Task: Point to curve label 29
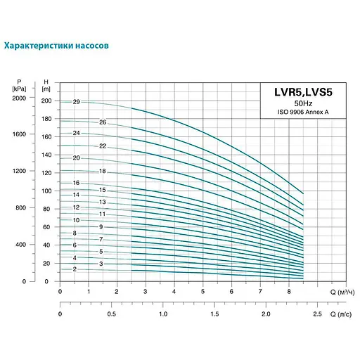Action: click(x=76, y=102)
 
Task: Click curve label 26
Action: click(x=103, y=122)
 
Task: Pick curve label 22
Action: click(x=103, y=146)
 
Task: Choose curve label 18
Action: click(x=103, y=172)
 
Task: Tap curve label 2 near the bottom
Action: click(x=74, y=269)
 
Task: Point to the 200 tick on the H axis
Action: click(x=46, y=101)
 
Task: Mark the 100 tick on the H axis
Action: click(x=46, y=191)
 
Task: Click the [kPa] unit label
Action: click(x=19, y=88)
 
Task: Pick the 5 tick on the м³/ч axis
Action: click(x=202, y=291)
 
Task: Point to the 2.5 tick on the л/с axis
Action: click(x=317, y=314)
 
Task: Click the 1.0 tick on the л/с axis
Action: click(x=163, y=314)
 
